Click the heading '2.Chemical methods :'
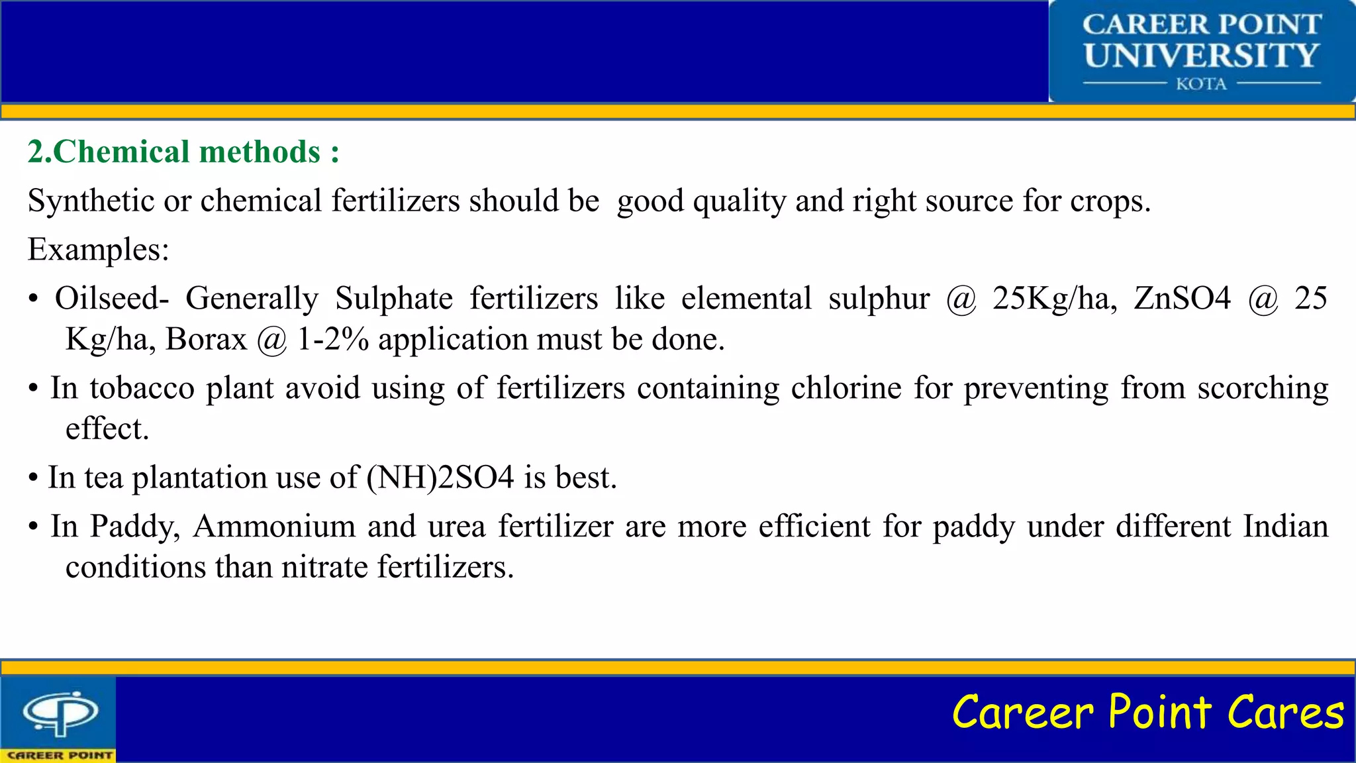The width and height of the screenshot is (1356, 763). [x=183, y=152]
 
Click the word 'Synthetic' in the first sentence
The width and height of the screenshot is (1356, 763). [x=91, y=201]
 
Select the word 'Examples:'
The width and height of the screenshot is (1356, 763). [x=99, y=250]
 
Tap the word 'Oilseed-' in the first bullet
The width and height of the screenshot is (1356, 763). [x=112, y=298]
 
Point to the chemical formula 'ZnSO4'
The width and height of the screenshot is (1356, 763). [x=1182, y=298]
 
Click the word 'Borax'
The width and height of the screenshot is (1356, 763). [x=206, y=339]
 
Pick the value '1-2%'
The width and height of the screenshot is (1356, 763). [x=332, y=339]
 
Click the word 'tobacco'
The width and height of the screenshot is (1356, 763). [x=142, y=388]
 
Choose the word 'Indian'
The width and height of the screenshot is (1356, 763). [x=1285, y=527]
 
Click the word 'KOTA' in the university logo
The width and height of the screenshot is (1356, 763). [x=1201, y=84]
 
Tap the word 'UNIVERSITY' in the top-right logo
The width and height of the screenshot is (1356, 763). [x=1202, y=56]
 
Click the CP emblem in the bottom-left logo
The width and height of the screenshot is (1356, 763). [x=60, y=713]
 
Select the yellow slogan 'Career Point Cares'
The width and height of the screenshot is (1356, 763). [x=1147, y=712]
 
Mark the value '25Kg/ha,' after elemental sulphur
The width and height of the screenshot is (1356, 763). [x=1055, y=298]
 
